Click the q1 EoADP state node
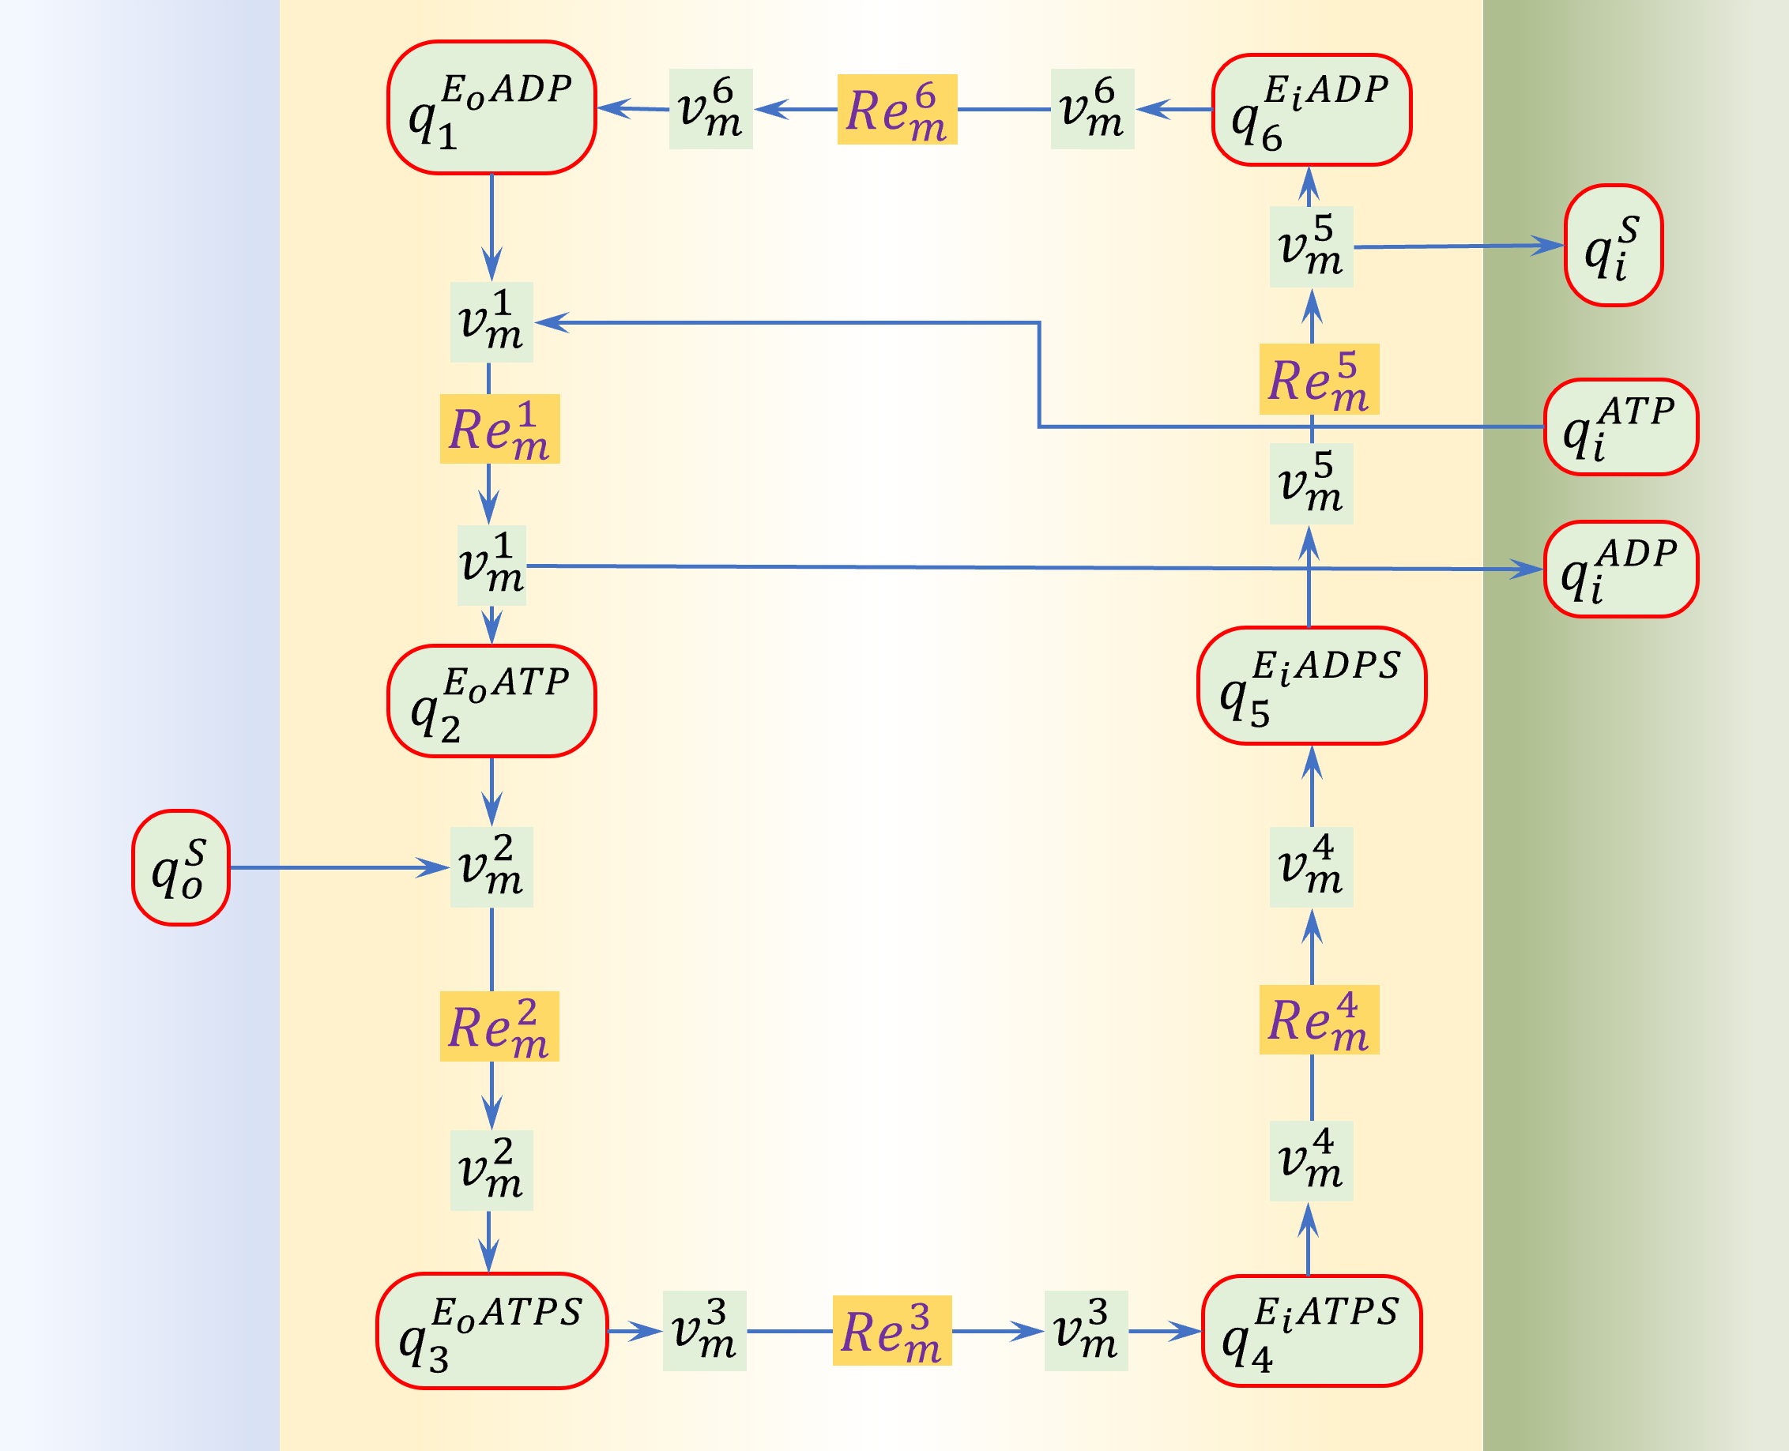coord(491,108)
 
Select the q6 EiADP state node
coord(1311,111)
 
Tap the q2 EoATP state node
coord(491,701)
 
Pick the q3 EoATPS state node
coord(491,1331)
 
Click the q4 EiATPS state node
coord(1311,1331)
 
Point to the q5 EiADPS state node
coord(1311,686)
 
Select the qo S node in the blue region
coord(181,867)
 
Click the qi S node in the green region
coord(1613,246)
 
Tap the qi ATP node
coord(1620,427)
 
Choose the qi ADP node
coord(1620,569)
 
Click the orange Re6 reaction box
coord(897,110)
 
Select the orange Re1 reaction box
coord(499,429)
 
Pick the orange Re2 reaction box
coord(499,1026)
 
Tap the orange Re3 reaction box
coord(892,1331)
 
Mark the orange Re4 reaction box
coord(1319,1020)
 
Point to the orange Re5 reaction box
coord(1319,379)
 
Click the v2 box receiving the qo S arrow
coord(491,867)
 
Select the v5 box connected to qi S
coord(1311,246)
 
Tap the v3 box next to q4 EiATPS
coord(1085,1331)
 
